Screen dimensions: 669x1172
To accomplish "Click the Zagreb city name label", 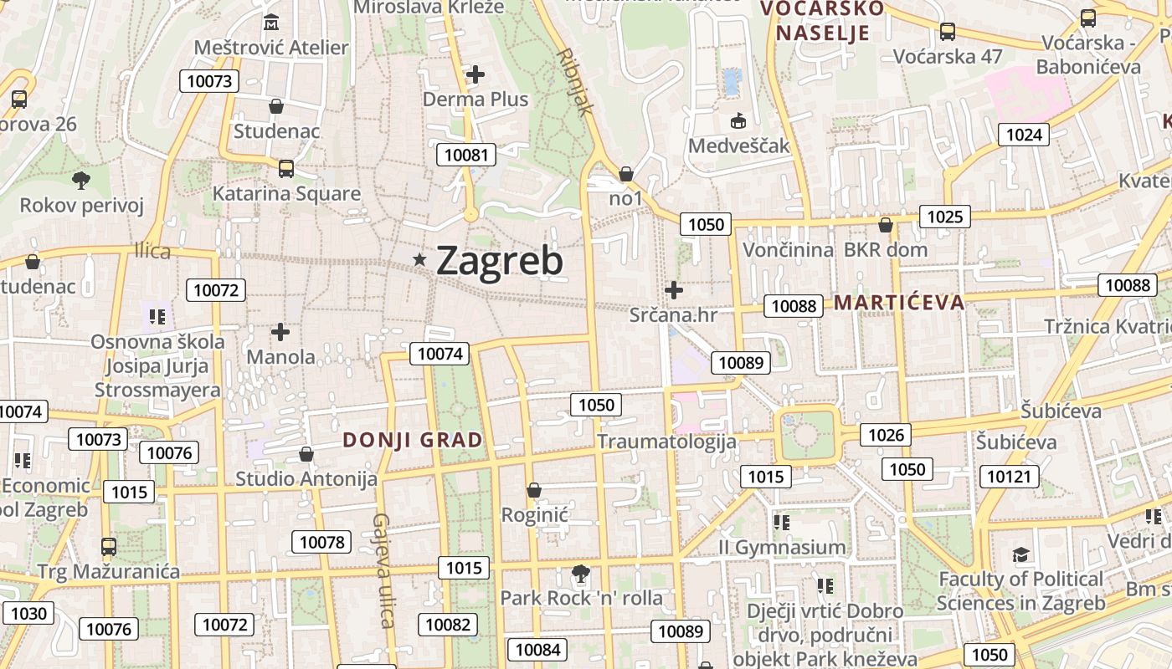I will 500,261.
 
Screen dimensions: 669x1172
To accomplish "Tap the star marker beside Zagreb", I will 420,261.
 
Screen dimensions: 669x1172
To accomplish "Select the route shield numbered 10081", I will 466,155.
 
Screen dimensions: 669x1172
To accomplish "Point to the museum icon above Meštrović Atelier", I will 270,23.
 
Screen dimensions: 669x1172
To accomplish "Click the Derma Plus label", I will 475,100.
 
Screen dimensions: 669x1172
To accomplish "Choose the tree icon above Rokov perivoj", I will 81,180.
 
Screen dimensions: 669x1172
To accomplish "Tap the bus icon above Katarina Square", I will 286,169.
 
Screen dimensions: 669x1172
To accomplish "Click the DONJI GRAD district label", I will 413,440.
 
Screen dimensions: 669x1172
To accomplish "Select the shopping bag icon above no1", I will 626,174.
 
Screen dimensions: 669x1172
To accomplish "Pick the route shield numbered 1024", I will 1024,135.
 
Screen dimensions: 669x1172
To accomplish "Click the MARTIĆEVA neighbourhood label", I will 899,302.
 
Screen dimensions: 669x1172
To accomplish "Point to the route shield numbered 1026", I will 886,434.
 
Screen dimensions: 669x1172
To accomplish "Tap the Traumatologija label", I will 666,442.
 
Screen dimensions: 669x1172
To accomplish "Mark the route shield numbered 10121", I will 1009,477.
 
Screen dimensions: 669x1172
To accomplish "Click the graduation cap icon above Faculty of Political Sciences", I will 1020,555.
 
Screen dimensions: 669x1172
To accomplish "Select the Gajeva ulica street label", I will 383,570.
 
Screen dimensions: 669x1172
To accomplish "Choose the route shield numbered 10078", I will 322,542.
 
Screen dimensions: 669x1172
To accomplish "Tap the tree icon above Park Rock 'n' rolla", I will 580,574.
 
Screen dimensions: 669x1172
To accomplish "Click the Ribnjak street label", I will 575,80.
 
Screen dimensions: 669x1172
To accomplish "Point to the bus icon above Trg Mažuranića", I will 109,547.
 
